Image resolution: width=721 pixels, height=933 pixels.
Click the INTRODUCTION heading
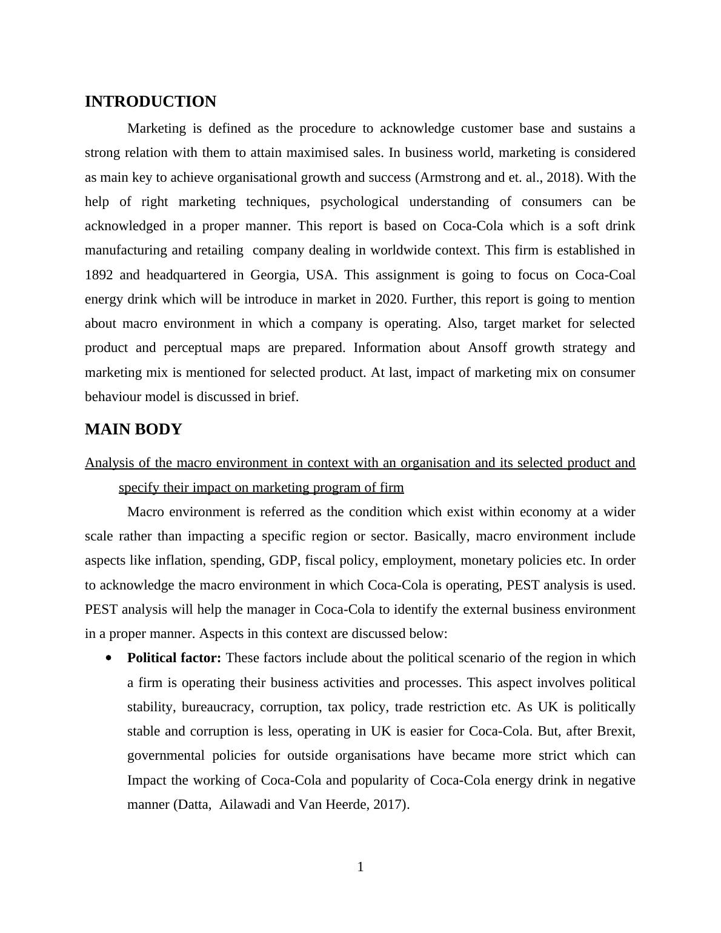click(150, 102)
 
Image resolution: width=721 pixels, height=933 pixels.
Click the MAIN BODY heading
click(133, 430)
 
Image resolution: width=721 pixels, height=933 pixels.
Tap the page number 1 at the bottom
click(360, 868)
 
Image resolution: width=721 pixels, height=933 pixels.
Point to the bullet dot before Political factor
click(109, 658)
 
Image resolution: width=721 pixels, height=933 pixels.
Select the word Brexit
click(616, 731)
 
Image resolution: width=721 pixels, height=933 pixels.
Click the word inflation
click(180, 560)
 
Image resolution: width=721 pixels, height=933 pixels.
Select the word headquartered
click(186, 275)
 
